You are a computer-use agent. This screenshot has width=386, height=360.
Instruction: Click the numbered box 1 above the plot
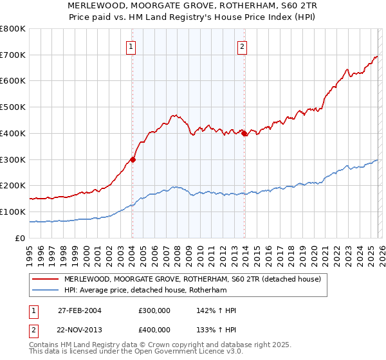click(131, 46)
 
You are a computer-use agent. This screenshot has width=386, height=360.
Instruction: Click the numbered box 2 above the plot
click(243, 46)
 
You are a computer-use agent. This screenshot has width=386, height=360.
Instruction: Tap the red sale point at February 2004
click(133, 159)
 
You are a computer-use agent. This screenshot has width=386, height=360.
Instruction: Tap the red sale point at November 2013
click(244, 133)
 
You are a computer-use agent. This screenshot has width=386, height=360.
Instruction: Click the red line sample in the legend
click(46, 279)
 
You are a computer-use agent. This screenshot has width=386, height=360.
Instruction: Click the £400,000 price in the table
click(154, 330)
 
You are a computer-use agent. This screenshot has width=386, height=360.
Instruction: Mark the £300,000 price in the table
click(154, 310)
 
